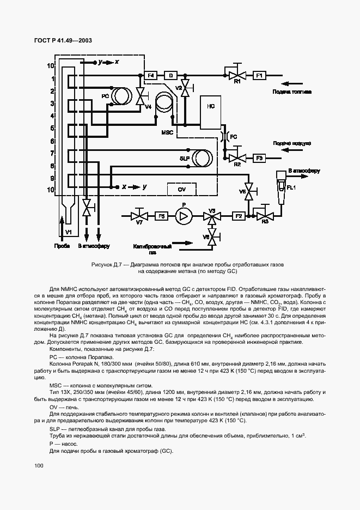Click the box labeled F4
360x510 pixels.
pyautogui.click(x=151, y=75)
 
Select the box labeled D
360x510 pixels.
pyautogui.click(x=170, y=75)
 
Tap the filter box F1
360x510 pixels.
pyautogui.click(x=259, y=75)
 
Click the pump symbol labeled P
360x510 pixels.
pyautogui.click(x=184, y=216)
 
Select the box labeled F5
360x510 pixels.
pyautogui.click(x=161, y=216)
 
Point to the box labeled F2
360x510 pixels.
pyautogui.click(x=238, y=216)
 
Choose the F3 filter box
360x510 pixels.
pyautogui.click(x=259, y=157)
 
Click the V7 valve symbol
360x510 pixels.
pyautogui.click(x=139, y=216)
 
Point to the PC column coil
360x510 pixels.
pyautogui.click(x=120, y=96)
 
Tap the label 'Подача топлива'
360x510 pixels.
pyautogui.click(x=291, y=93)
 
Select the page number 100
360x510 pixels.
pyautogui.click(x=38, y=466)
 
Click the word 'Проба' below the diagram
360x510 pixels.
pyautogui.click(x=62, y=246)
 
